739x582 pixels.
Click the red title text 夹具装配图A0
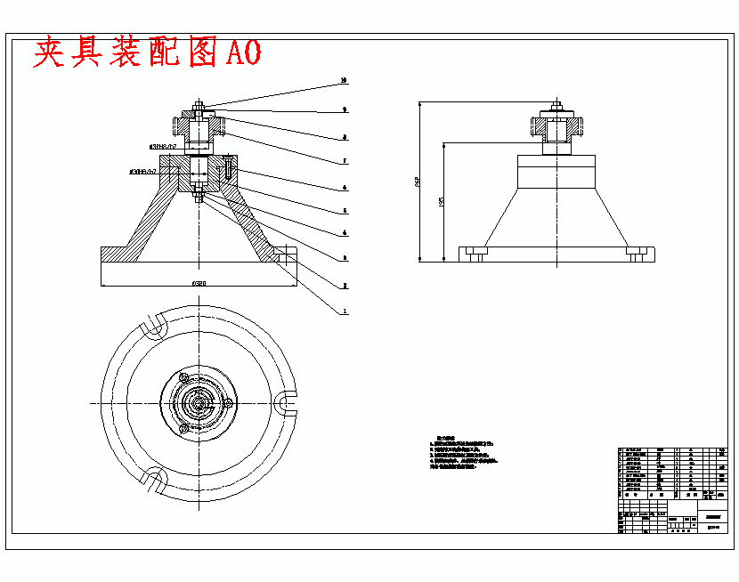pyautogui.click(x=147, y=53)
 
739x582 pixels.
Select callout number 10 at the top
pyautogui.click(x=344, y=81)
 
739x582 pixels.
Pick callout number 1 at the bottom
pyautogui.click(x=344, y=311)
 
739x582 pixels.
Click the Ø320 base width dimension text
pyautogui.click(x=199, y=282)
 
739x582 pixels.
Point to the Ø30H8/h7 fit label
pyautogui.click(x=142, y=170)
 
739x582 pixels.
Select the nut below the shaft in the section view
pyautogui.click(x=199, y=198)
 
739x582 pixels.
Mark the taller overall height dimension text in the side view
pyautogui.click(x=417, y=182)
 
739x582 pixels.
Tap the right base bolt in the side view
pyautogui.click(x=635, y=255)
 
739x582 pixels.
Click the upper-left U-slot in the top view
pyautogui.click(x=153, y=325)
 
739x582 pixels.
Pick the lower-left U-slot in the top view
pyautogui.click(x=153, y=480)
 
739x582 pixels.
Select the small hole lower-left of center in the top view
pyautogui.click(x=184, y=429)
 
